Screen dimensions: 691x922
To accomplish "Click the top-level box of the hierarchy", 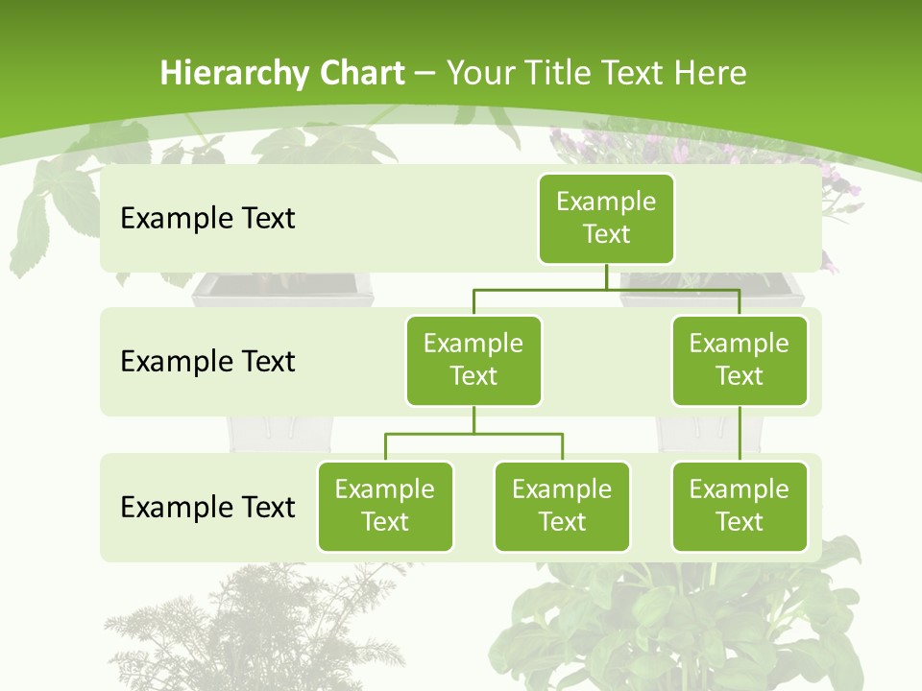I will click(606, 218).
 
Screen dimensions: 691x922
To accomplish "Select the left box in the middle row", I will click(473, 360).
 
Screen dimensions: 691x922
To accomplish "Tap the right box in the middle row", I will click(740, 360).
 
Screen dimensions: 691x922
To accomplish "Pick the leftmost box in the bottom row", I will click(385, 506).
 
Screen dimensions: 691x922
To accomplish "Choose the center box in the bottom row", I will click(562, 506).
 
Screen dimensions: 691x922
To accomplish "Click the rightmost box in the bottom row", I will click(740, 506).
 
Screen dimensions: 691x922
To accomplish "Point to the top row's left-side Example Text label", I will click(207, 218).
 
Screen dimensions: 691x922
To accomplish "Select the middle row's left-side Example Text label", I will click(207, 361).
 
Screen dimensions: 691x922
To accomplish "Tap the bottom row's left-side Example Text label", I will click(207, 507).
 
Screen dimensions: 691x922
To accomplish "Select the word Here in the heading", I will click(712, 73).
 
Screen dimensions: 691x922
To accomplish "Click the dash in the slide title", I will click(425, 74).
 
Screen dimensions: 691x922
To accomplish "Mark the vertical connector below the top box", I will click(606, 276).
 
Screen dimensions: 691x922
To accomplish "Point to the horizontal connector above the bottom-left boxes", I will click(473, 434).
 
